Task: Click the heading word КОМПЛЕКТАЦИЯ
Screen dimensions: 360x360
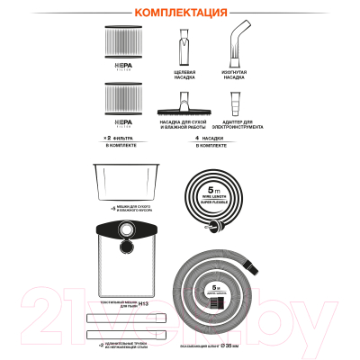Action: (181, 13)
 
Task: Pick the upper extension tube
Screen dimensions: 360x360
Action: (126, 317)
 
